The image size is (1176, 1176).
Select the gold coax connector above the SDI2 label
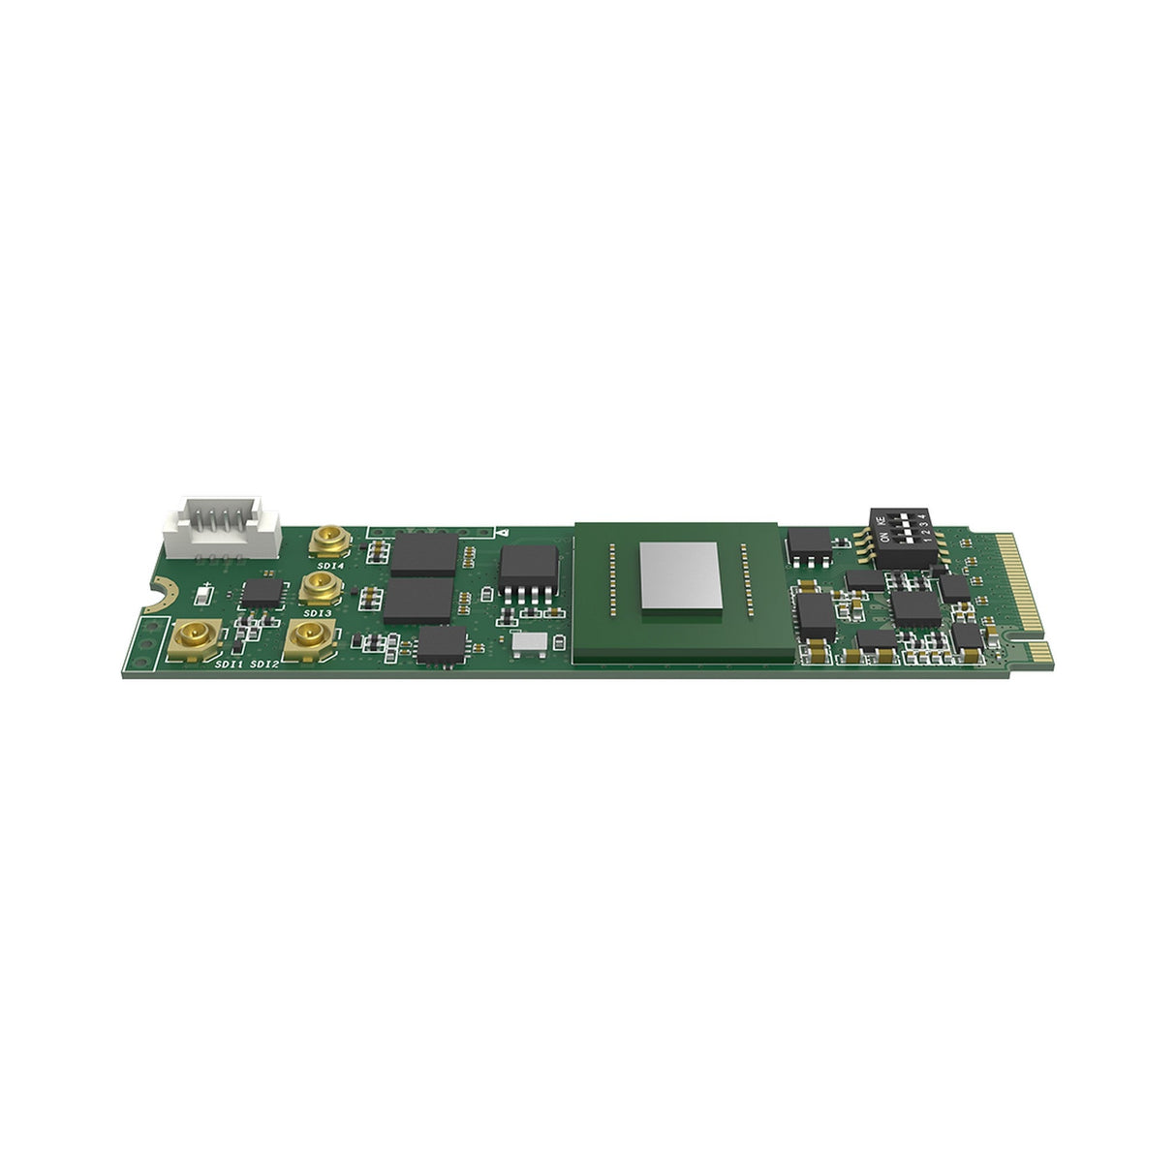pyautogui.click(x=309, y=635)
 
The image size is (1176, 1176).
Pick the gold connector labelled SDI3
pyautogui.click(x=317, y=586)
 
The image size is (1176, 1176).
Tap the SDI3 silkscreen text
pyautogui.click(x=317, y=612)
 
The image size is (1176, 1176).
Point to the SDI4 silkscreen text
pyautogui.click(x=328, y=564)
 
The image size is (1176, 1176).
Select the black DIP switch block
pyautogui.click(x=904, y=535)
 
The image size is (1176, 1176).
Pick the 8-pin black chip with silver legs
pyautogui.click(x=529, y=573)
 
